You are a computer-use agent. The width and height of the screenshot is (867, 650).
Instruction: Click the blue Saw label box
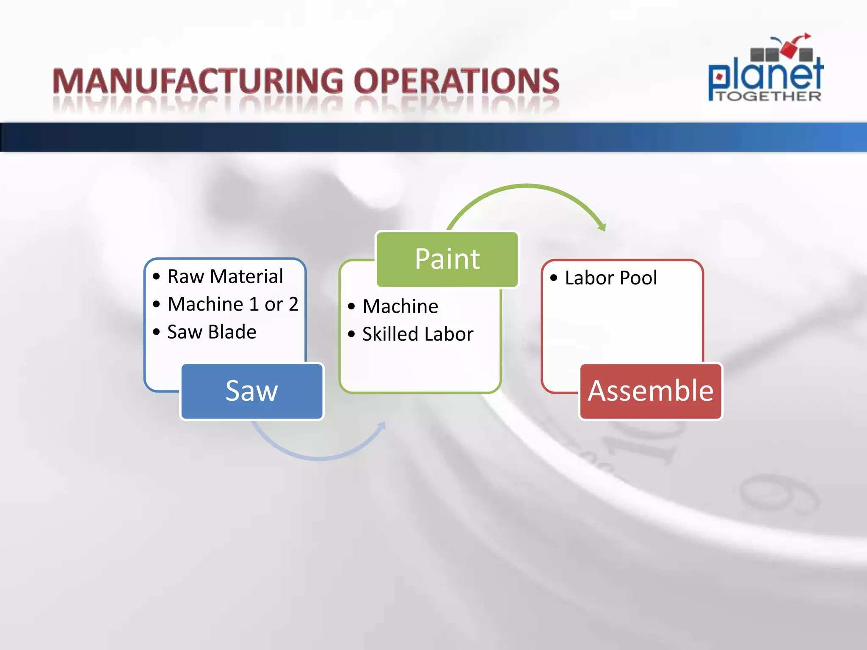252,391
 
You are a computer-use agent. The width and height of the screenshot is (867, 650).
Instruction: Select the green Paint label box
447,259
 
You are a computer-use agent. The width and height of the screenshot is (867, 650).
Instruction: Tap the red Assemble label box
651,391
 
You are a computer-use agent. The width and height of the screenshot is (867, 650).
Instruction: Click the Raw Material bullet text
225,277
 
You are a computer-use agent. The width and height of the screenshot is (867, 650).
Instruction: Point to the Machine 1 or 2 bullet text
233,304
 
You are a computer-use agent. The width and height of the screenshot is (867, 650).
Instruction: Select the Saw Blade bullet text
212,332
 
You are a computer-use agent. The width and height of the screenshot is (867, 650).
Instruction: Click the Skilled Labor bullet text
418,334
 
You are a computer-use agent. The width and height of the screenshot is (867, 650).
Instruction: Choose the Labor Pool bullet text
611,278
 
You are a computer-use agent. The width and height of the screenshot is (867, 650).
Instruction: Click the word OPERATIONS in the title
456,81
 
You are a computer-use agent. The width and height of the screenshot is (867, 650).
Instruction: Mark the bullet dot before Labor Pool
554,278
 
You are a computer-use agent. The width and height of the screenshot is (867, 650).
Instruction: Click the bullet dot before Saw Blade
156,332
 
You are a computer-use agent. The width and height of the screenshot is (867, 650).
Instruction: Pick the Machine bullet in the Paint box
400,306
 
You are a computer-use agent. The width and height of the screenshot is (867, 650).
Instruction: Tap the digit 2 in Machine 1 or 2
293,304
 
